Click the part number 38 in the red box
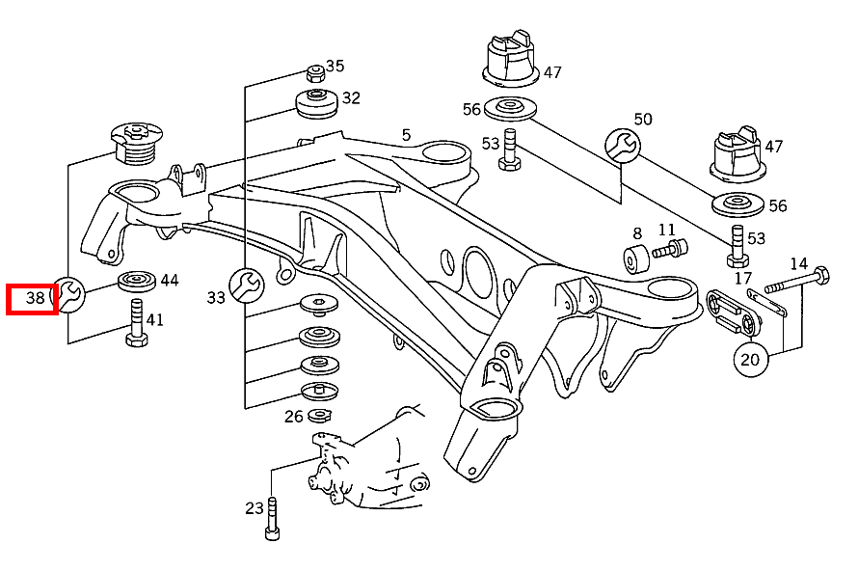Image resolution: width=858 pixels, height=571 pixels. pyautogui.click(x=35, y=298)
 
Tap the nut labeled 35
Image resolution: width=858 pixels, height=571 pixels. pyautogui.click(x=315, y=72)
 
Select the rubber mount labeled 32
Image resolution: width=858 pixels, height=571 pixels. pyautogui.click(x=316, y=103)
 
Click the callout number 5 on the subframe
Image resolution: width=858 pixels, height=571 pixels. pyautogui.click(x=406, y=135)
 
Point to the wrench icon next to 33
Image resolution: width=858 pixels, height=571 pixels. pyautogui.click(x=247, y=285)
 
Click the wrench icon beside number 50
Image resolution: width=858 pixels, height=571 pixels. pyautogui.click(x=623, y=146)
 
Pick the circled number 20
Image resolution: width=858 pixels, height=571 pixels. pyautogui.click(x=750, y=359)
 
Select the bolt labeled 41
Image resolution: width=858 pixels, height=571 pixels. pyautogui.click(x=136, y=323)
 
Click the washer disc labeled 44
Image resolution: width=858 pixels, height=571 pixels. pyautogui.click(x=137, y=281)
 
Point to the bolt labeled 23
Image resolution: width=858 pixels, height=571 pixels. pyautogui.click(x=272, y=519)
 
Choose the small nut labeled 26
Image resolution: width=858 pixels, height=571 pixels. pyautogui.click(x=319, y=416)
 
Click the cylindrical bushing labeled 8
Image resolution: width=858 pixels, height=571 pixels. pyautogui.click(x=636, y=258)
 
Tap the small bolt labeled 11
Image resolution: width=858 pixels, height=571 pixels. pyautogui.click(x=670, y=249)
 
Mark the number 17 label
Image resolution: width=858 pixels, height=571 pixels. pyautogui.click(x=742, y=278)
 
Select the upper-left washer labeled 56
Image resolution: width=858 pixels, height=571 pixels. pyautogui.click(x=510, y=108)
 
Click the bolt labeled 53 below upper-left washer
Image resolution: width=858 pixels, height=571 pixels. pyautogui.click(x=510, y=150)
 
